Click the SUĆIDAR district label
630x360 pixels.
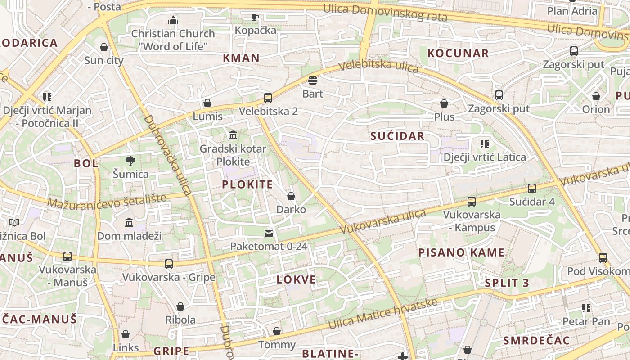coord(397,136)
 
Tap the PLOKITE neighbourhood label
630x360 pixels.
coord(247,184)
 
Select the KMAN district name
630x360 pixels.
coord(241,58)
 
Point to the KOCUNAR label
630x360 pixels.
coord(458,53)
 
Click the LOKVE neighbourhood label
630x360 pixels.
coord(296,279)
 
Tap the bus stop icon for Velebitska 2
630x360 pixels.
coord(268,98)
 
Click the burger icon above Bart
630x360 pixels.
coord(313,81)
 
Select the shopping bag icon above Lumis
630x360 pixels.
coord(207,103)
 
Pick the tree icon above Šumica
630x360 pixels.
coord(130,161)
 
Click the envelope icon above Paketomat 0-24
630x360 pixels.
coord(269,233)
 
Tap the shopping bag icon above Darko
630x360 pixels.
coord(291,196)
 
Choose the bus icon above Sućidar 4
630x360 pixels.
coord(532,188)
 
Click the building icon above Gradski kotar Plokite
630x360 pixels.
coord(233,135)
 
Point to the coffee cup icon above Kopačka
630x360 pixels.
coord(255,17)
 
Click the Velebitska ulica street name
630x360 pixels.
coord(378,67)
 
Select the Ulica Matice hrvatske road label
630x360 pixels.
coord(382,314)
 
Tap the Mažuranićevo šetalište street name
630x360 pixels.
coord(107,201)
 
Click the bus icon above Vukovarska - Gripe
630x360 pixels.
coord(169,264)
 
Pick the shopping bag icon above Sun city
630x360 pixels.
coord(104,47)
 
